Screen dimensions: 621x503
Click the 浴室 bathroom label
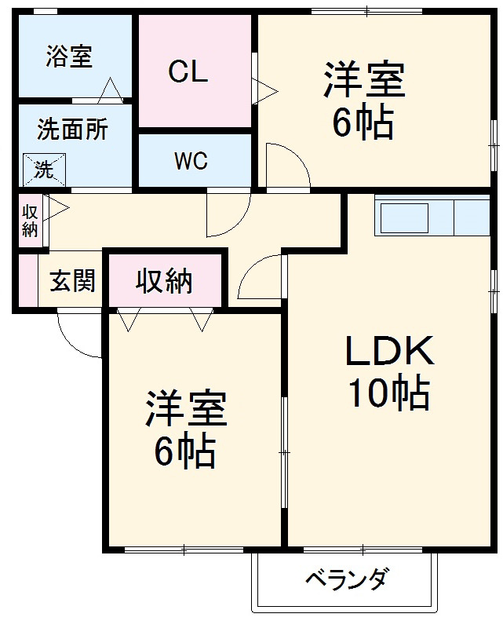[x=69, y=56]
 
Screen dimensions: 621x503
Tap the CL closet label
[x=188, y=71]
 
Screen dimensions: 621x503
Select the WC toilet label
[x=191, y=162]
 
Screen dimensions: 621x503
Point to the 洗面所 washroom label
[x=73, y=130]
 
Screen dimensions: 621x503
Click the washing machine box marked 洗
[x=43, y=168]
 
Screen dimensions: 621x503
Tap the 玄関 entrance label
[x=73, y=281]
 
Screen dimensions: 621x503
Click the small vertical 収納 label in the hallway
[x=30, y=221]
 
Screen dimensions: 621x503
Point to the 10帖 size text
[x=389, y=393]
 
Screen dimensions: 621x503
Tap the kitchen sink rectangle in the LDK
[x=404, y=217]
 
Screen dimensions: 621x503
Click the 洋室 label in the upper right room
[x=364, y=82]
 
